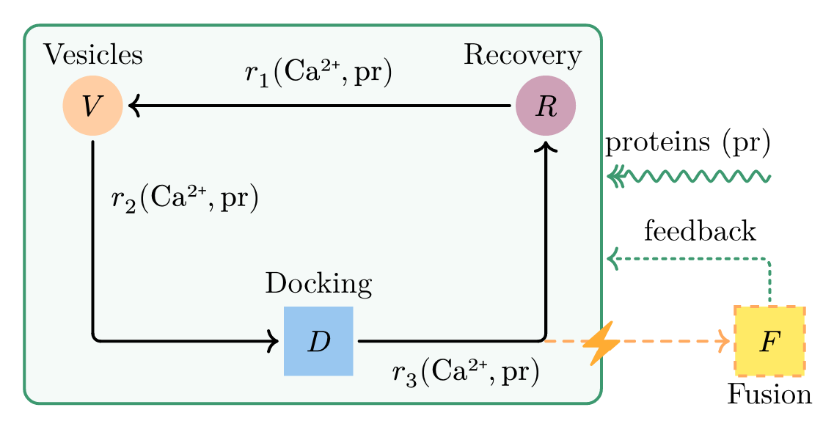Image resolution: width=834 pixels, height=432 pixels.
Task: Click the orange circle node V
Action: (x=92, y=106)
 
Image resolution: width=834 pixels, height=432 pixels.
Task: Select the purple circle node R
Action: (x=546, y=106)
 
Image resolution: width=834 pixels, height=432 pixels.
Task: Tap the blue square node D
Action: (x=318, y=341)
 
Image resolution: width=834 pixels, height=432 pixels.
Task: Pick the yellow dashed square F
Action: (x=769, y=341)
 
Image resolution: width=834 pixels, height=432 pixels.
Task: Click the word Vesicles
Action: (x=92, y=54)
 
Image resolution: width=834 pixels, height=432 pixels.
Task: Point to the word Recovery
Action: (x=523, y=54)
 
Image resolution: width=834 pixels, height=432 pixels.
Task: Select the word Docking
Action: (x=318, y=283)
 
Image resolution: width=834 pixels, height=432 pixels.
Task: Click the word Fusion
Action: (x=769, y=395)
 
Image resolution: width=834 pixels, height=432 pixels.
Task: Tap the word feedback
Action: (x=699, y=232)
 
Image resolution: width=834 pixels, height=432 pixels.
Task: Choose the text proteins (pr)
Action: (x=687, y=144)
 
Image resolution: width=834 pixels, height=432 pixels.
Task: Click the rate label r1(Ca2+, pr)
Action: (x=319, y=74)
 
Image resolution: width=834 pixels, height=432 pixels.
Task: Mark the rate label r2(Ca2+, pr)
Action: (x=185, y=199)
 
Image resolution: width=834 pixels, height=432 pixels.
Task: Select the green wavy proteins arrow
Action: (x=689, y=176)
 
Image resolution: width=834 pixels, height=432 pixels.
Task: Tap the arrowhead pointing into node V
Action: (x=133, y=106)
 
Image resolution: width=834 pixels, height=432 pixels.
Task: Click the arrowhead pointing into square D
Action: (x=274, y=341)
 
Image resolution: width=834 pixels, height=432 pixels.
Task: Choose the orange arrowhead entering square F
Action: (x=725, y=341)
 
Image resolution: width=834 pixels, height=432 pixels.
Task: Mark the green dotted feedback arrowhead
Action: (x=612, y=258)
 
